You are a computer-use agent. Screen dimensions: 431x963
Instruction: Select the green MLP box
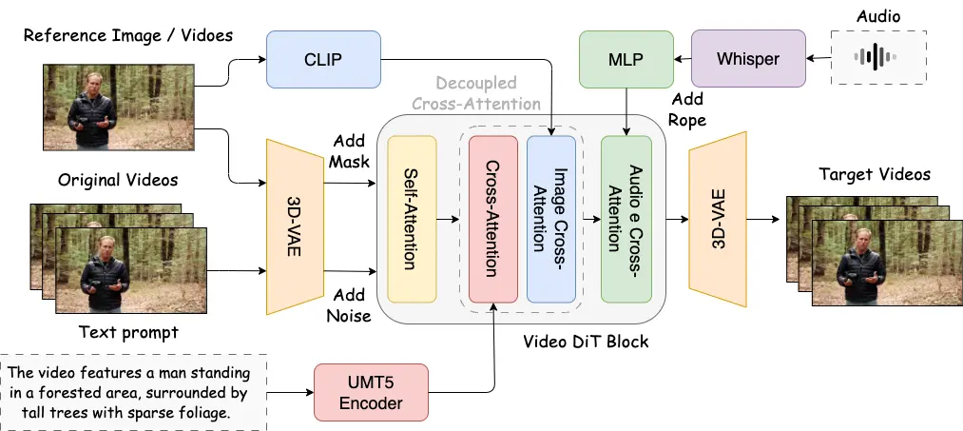(626, 60)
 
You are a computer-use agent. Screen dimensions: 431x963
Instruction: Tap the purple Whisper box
(747, 60)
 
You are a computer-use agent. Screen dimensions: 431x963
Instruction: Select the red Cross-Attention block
(493, 218)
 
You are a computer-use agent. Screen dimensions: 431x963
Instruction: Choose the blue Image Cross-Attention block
(550, 218)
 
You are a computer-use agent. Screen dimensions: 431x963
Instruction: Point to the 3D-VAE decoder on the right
(717, 214)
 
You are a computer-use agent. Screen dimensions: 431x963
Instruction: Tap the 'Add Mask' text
(349, 150)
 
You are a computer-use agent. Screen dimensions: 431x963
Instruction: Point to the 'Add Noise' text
(349, 304)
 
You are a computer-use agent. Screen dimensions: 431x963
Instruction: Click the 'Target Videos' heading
(874, 174)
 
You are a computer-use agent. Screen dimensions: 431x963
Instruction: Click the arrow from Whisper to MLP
(681, 60)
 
